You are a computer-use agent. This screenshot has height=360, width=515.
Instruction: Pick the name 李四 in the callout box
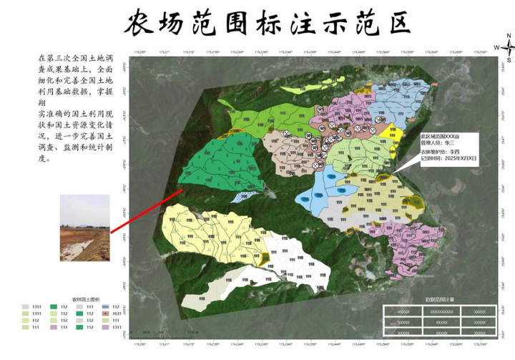(x=453, y=152)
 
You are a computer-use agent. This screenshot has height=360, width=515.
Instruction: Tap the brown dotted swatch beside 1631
(x=105, y=313)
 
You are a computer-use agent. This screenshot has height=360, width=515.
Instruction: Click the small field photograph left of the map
(x=84, y=227)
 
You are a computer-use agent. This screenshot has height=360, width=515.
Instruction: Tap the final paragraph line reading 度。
(x=44, y=159)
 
